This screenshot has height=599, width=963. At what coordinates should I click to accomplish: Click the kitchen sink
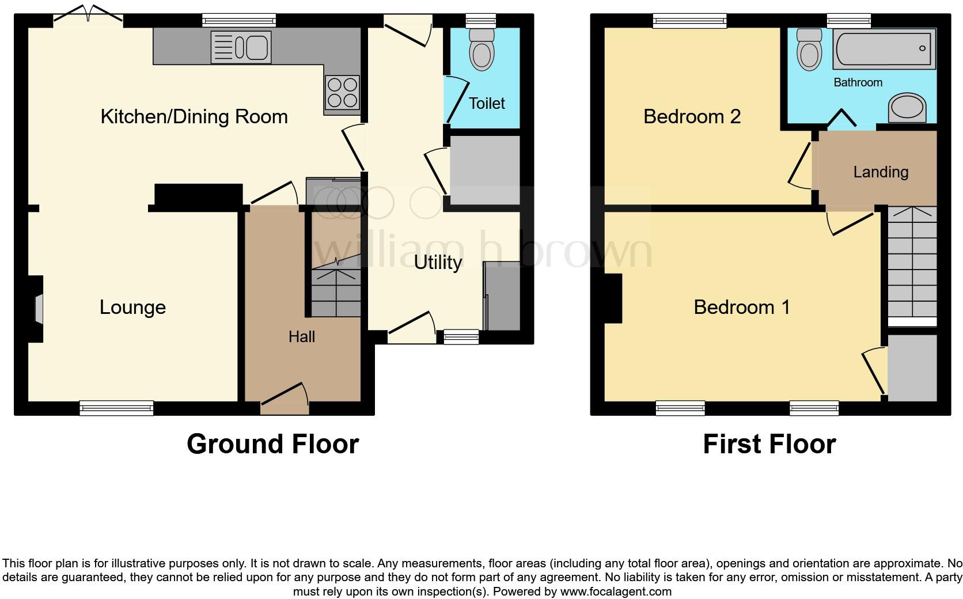(x=241, y=47)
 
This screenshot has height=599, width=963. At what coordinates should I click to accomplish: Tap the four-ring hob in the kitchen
(x=342, y=92)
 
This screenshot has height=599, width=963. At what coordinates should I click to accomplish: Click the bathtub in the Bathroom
(x=884, y=49)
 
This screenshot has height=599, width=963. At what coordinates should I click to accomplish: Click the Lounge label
(x=132, y=307)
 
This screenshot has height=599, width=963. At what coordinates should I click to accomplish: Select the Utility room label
(x=438, y=263)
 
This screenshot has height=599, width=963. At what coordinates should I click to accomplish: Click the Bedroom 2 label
(x=691, y=116)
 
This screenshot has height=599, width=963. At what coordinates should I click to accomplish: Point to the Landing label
(x=880, y=172)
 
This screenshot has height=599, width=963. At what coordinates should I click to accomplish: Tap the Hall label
(x=301, y=336)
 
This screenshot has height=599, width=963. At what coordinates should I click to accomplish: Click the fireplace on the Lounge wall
(x=37, y=309)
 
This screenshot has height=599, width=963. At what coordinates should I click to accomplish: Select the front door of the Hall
(x=285, y=399)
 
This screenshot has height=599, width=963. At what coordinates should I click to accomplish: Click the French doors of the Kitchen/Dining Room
(x=88, y=14)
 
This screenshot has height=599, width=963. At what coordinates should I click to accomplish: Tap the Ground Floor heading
(x=272, y=444)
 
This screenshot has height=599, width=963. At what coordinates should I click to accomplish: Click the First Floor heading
(x=769, y=444)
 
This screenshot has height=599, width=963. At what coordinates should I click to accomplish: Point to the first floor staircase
(x=912, y=265)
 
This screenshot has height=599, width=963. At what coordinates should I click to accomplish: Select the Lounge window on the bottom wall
(x=116, y=408)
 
